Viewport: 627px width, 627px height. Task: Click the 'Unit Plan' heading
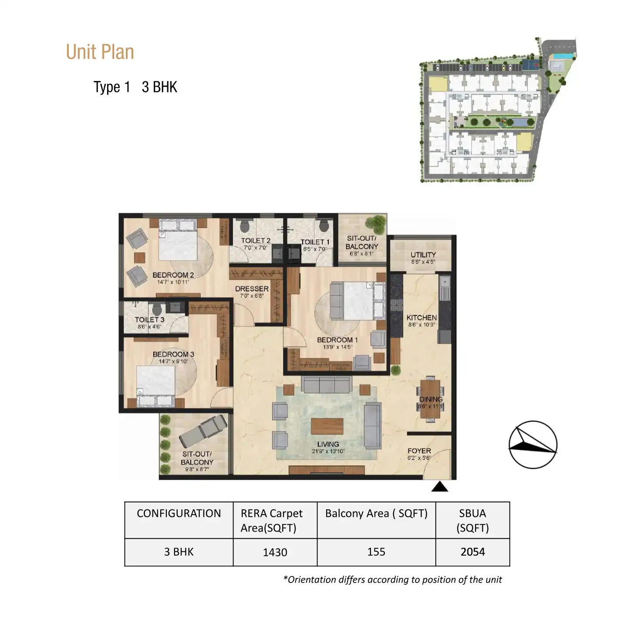pos(100,52)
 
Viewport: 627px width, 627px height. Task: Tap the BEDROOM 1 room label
pos(337,340)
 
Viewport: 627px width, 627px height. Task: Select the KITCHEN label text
pos(421,317)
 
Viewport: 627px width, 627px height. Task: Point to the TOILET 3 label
pos(149,320)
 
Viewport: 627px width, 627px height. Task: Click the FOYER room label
pos(419,451)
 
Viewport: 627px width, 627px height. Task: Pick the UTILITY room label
pos(423,255)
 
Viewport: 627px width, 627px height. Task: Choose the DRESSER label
pos(252,289)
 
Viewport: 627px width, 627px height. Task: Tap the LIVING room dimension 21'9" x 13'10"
pos(328,451)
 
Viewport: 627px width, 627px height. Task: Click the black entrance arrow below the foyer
pos(439,487)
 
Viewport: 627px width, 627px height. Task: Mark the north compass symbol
pos(533,445)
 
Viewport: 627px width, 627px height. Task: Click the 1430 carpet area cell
pos(275,552)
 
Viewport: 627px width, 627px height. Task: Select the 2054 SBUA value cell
pos(472,552)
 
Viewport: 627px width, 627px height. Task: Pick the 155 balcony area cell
pos(376,552)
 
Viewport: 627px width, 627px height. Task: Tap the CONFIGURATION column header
pos(179,513)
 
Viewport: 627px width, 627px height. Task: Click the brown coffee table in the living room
pos(327,426)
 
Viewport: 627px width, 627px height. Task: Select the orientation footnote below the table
pos(392,580)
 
